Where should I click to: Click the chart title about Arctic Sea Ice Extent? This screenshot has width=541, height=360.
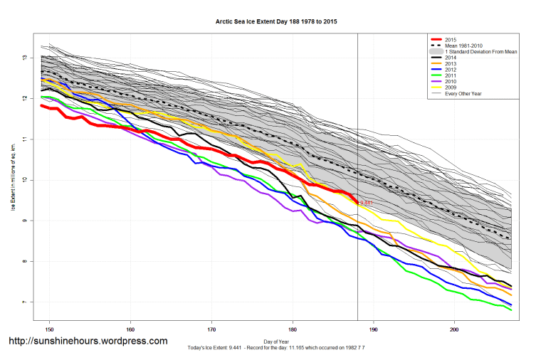(x=276, y=22)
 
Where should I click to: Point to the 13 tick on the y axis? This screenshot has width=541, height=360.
(x=24, y=57)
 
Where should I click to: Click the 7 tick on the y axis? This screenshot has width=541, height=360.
(x=24, y=302)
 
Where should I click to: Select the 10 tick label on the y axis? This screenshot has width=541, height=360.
(x=24, y=180)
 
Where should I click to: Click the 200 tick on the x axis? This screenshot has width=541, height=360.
(x=454, y=330)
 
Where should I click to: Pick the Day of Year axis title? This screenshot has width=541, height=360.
(x=276, y=341)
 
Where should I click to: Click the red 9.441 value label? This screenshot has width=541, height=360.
(x=367, y=203)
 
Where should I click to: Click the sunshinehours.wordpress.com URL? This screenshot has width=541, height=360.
(x=88, y=342)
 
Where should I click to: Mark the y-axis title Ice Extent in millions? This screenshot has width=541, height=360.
(x=12, y=180)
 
